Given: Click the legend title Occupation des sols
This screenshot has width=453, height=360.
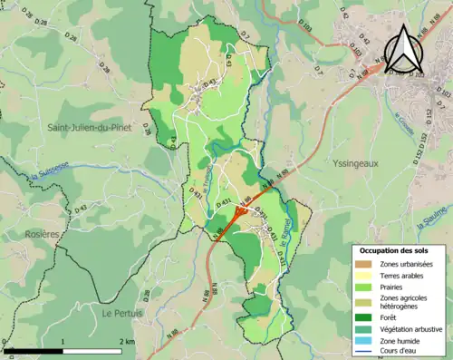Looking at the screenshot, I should click(x=396, y=249).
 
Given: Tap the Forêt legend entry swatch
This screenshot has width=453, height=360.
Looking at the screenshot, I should click(x=362, y=316).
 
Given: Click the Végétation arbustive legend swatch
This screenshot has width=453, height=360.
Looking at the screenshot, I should click(x=362, y=328).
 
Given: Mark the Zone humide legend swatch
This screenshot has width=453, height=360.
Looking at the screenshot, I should click(x=362, y=340).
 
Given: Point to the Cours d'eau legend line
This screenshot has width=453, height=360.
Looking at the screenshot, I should click(x=362, y=351).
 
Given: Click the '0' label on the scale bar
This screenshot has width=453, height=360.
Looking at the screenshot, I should click(x=5, y=342).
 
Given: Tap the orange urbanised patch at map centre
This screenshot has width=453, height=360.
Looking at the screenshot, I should click(x=239, y=212).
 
